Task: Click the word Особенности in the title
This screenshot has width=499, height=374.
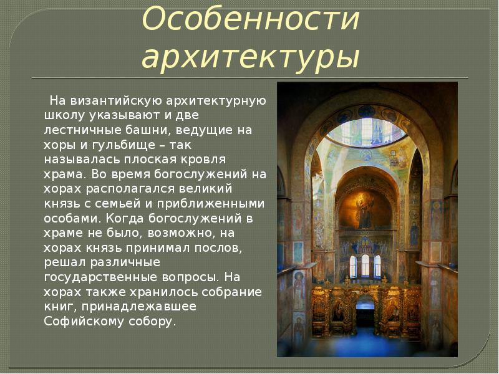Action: coord(251,20)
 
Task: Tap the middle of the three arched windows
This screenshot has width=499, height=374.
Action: coord(366,266)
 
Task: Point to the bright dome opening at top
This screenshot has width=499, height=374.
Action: coord(366,132)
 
